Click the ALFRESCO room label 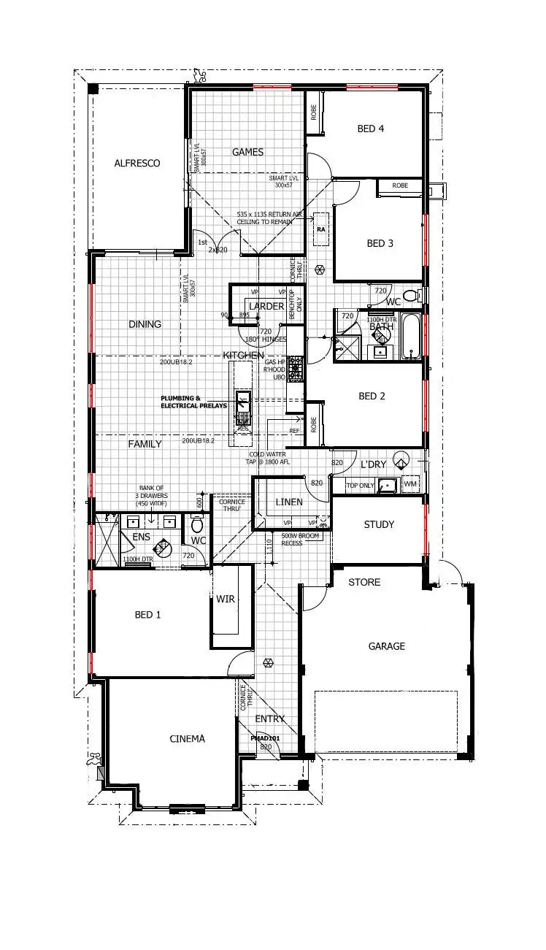click(136, 164)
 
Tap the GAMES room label click(247, 152)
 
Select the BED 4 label click(371, 129)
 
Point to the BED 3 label click(380, 243)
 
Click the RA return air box click(320, 229)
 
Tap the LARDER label click(266, 306)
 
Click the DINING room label click(145, 324)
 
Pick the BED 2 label click(372, 396)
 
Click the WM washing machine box click(410, 483)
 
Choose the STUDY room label click(378, 524)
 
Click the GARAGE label click(386, 646)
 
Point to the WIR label click(226, 599)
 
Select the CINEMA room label click(187, 738)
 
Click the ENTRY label click(269, 719)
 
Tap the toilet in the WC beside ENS click(196, 525)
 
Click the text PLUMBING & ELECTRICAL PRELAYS click(194, 402)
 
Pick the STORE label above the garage click(364, 582)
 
